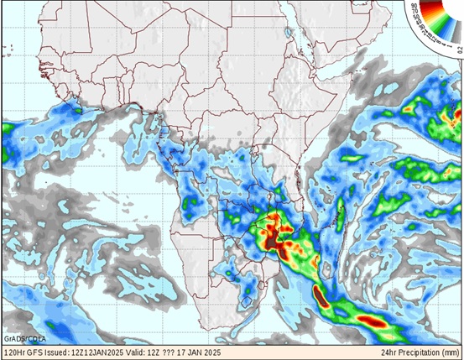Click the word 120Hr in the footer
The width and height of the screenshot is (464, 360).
[15, 352]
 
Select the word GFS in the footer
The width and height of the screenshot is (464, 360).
[37, 352]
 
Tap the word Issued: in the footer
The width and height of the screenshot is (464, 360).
[60, 352]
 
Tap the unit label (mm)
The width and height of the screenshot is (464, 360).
[451, 352]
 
